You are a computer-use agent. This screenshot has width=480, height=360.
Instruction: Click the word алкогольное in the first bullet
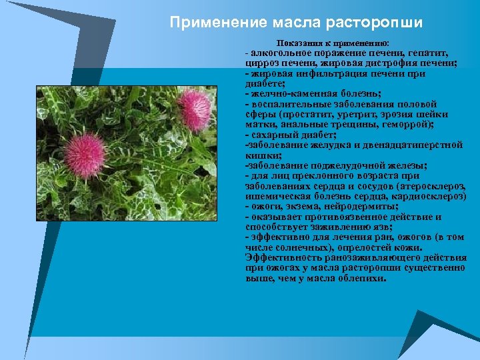pyautogui.click(x=279, y=52)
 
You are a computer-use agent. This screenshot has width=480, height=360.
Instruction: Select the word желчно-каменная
pyautogui.click(x=287, y=95)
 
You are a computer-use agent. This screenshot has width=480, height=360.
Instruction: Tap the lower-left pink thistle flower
pyautogui.click(x=85, y=154)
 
